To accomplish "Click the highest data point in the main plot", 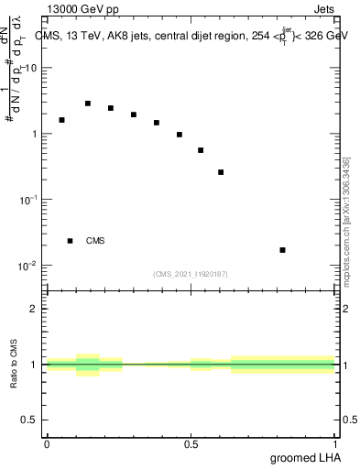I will coord(88,104).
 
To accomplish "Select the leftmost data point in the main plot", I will coord(61,120).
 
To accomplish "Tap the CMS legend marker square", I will coord(70,241).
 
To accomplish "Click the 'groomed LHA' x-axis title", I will coord(304,457).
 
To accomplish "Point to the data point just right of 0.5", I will coord(201,150).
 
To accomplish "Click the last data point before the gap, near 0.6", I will coord(221,172).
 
